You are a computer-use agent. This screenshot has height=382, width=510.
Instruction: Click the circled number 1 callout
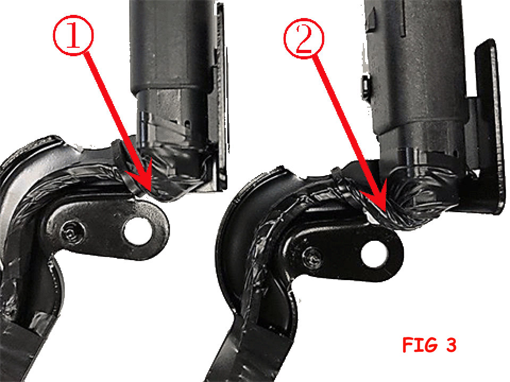pos(73,36)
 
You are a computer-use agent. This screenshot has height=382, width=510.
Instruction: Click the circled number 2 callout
pos(304,38)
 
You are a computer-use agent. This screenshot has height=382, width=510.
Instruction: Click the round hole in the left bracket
pos(137,232)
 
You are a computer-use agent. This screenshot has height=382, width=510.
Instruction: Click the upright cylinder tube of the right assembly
pos(416,65)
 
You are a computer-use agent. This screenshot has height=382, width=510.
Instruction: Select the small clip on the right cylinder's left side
pos(366,86)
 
